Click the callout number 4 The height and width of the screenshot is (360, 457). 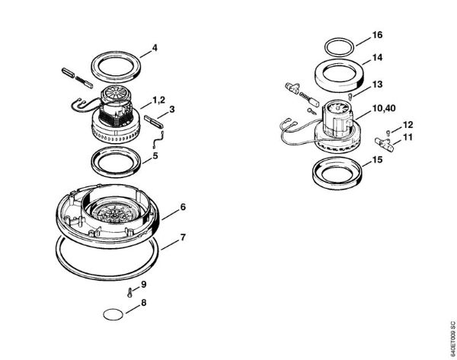(155, 49)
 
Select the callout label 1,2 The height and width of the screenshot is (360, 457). (159, 100)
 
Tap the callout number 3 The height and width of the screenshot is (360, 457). (173, 110)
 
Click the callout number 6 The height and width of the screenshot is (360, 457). (183, 207)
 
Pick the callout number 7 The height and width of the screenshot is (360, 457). (183, 237)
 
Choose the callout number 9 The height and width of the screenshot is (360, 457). (143, 284)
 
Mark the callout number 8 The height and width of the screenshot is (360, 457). (143, 304)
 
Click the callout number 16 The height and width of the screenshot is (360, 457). (377, 36)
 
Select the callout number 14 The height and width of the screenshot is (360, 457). (377, 58)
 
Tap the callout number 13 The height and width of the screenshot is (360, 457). (377, 84)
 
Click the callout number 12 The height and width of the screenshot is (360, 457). (408, 124)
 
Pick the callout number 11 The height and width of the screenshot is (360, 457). (408, 137)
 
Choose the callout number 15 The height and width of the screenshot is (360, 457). (377, 161)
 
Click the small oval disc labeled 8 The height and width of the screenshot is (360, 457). (112, 313)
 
